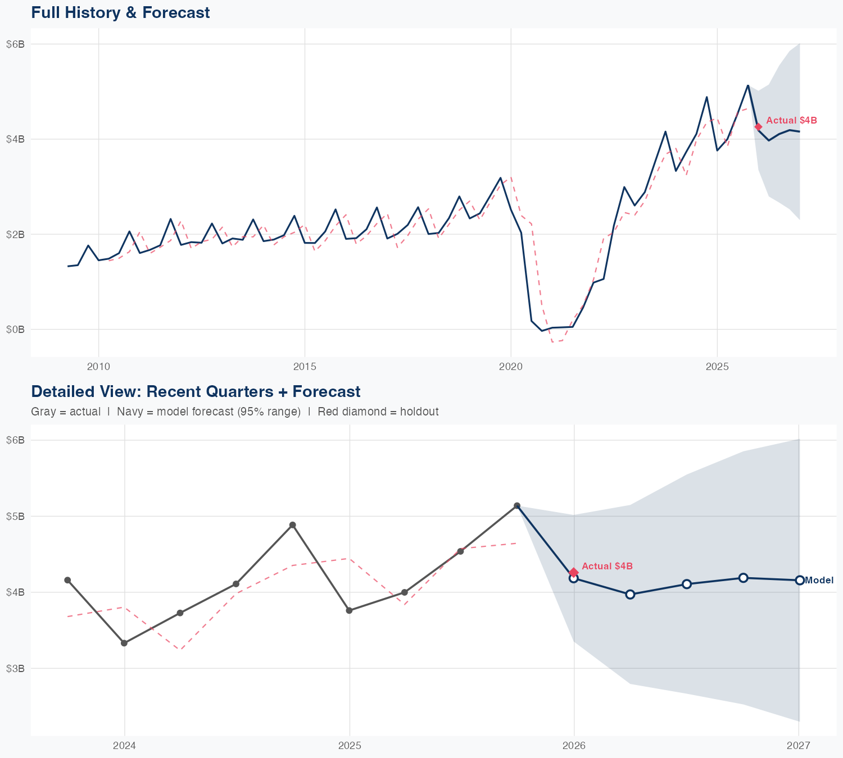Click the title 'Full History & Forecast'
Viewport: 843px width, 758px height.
[x=120, y=12]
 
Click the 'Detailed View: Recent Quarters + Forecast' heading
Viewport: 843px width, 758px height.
[x=196, y=391]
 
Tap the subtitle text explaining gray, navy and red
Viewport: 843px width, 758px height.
[x=234, y=412]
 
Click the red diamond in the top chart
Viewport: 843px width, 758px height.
[x=758, y=126]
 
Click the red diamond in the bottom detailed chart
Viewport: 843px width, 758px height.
[x=573, y=572]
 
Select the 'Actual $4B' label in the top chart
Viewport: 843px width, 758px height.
[x=791, y=120]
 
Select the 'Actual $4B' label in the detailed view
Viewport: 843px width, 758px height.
[x=607, y=566]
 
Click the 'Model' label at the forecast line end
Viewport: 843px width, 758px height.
[x=819, y=580]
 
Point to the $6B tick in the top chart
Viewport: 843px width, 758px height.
[x=15, y=44]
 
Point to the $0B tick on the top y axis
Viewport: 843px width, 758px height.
[x=15, y=329]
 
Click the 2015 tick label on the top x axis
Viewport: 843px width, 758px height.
[x=305, y=367]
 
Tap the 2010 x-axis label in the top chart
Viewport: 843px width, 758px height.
[x=98, y=367]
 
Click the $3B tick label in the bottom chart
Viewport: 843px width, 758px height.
[x=15, y=668]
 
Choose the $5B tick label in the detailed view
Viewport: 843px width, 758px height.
[x=15, y=516]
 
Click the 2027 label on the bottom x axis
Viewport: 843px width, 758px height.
[x=798, y=746]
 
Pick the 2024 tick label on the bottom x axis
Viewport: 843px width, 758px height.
[x=124, y=746]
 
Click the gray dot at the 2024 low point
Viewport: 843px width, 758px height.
[x=124, y=643]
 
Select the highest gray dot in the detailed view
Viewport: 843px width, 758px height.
[x=517, y=506]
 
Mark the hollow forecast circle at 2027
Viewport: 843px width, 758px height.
[x=799, y=580]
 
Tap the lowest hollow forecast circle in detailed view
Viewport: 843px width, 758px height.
[x=630, y=594]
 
